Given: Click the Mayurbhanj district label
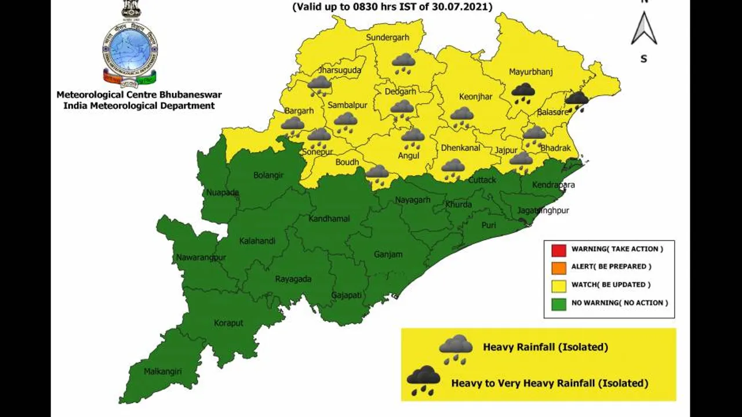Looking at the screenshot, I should (x=530, y=72).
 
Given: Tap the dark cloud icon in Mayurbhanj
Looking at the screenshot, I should (x=523, y=92).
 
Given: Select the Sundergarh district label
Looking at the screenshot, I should (x=387, y=38).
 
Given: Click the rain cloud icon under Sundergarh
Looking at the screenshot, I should (x=403, y=62).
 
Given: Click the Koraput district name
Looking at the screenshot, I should (x=228, y=323).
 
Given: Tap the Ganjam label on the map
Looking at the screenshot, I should (x=388, y=254).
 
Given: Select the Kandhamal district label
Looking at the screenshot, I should (x=329, y=219).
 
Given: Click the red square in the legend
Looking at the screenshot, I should (x=558, y=249).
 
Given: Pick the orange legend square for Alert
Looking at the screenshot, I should (x=558, y=267).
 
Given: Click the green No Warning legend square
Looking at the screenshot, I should (x=558, y=303).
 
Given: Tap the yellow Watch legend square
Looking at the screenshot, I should (x=558, y=285).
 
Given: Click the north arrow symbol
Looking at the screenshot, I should (x=643, y=29).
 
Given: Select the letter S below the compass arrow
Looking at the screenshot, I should (x=643, y=59).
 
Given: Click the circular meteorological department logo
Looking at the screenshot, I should (x=130, y=49).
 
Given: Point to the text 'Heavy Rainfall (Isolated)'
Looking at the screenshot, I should (x=545, y=347).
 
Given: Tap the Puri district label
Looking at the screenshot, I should (x=489, y=225).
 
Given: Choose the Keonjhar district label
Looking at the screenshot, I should (x=475, y=97).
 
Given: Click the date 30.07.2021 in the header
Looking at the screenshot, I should (x=457, y=8).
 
